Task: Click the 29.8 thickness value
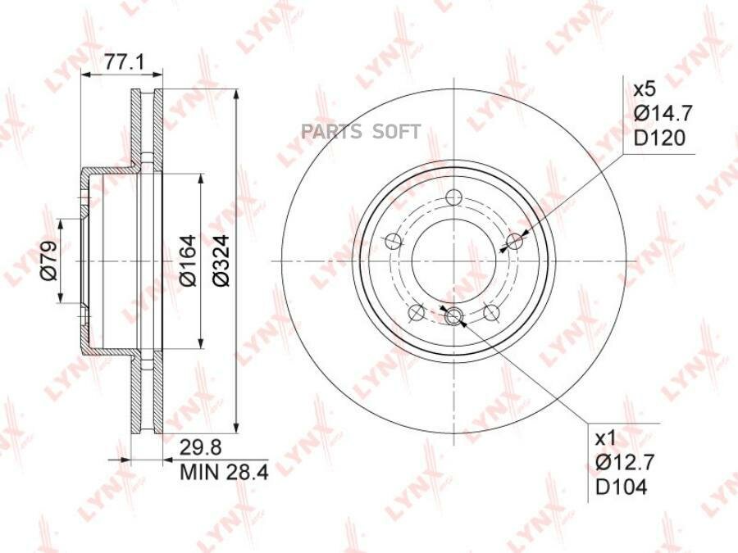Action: pos(201,447)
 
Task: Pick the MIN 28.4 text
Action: pos(225,472)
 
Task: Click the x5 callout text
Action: pos(645,88)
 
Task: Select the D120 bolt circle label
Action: pos(659,138)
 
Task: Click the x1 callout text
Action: pos(606,439)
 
